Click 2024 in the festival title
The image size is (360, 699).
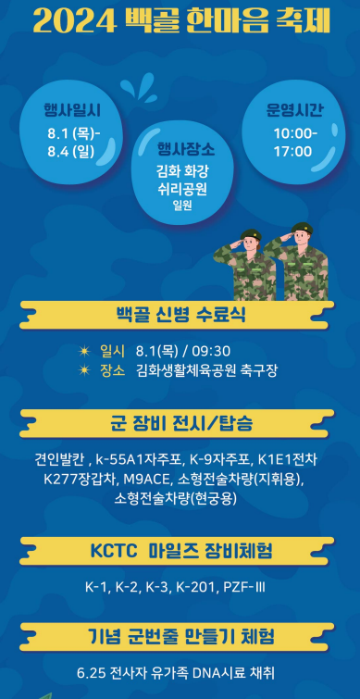[x=73, y=21]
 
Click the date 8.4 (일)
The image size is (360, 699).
[x=75, y=150]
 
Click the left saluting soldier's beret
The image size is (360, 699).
[x=249, y=234]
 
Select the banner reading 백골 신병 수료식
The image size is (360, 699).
[x=180, y=314]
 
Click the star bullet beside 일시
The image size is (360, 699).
[x=84, y=351]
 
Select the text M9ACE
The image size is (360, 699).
[x=144, y=479]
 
